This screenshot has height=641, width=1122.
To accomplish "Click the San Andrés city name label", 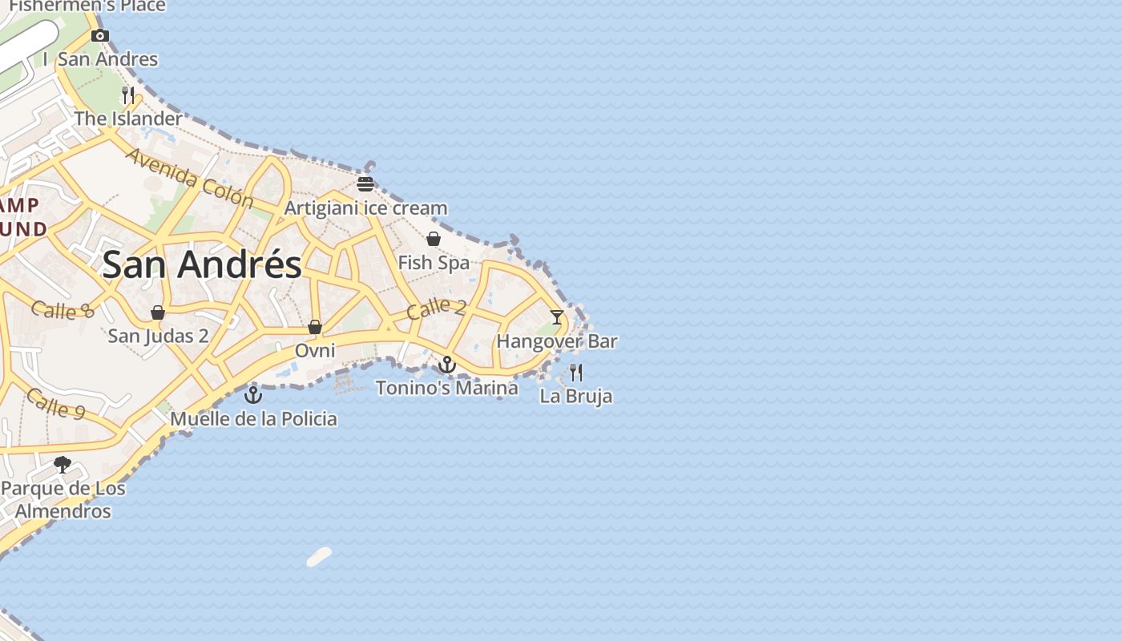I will [x=202, y=264].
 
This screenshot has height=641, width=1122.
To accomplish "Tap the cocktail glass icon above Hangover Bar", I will [x=557, y=316].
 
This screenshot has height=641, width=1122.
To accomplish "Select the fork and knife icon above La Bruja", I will [x=576, y=372].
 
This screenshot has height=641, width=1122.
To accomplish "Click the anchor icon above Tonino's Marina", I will [x=447, y=365].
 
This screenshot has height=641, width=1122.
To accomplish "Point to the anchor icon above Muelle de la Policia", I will [x=253, y=394].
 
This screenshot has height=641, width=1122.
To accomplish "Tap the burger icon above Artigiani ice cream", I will [x=365, y=184].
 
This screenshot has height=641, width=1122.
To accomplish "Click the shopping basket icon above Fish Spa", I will [x=434, y=239].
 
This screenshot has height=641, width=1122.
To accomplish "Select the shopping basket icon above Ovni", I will [x=315, y=327].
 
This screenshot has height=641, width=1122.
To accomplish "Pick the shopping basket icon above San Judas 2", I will [x=158, y=312].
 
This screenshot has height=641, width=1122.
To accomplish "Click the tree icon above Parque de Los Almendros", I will [x=63, y=464].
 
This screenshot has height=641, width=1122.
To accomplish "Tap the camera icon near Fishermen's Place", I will [x=100, y=35].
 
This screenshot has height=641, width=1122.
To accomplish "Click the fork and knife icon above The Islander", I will [x=128, y=95].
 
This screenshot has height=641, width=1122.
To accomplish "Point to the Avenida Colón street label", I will [x=189, y=178].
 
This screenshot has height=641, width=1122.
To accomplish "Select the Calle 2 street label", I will [x=436, y=308].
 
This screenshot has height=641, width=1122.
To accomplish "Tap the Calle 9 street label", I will [x=55, y=403].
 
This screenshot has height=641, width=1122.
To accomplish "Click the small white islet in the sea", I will [x=319, y=557].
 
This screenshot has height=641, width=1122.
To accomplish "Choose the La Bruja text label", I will [x=576, y=396].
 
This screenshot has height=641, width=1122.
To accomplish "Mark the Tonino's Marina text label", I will [x=447, y=388].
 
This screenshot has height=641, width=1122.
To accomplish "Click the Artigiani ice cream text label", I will [x=366, y=208].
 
